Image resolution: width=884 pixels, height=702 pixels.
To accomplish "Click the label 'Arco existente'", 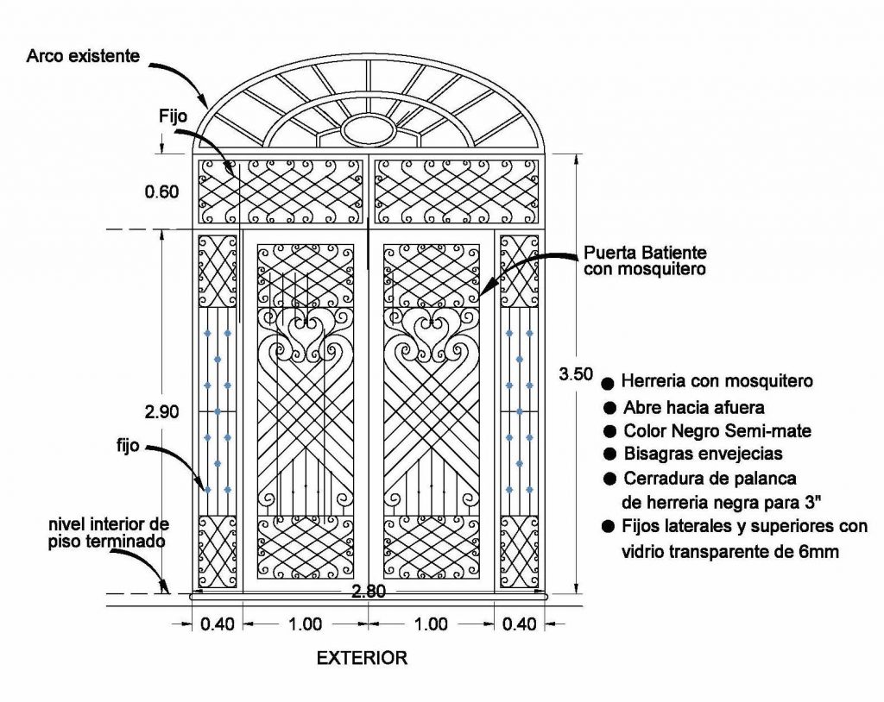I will (82, 57).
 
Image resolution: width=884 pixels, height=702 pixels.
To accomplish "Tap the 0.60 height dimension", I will (162, 191).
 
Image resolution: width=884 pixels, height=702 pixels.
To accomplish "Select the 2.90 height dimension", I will (162, 412).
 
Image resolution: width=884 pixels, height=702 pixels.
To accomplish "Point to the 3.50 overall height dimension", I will (576, 373).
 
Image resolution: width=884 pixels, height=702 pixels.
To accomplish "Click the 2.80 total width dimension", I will (369, 592).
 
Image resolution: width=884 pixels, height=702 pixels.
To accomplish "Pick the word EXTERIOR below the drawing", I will (362, 658).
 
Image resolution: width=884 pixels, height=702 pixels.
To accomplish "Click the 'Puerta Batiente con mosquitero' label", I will (645, 260).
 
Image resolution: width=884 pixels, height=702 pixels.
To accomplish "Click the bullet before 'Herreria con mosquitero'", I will (608, 382).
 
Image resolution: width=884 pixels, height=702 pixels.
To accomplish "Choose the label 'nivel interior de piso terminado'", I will (108, 532).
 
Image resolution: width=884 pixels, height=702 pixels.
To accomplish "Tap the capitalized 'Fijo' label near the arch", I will (173, 114).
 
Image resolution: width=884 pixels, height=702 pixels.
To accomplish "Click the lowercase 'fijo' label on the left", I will (129, 448).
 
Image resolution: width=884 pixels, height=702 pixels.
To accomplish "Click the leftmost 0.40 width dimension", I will (218, 624).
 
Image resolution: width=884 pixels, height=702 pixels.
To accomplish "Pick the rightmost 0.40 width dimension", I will (518, 624).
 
